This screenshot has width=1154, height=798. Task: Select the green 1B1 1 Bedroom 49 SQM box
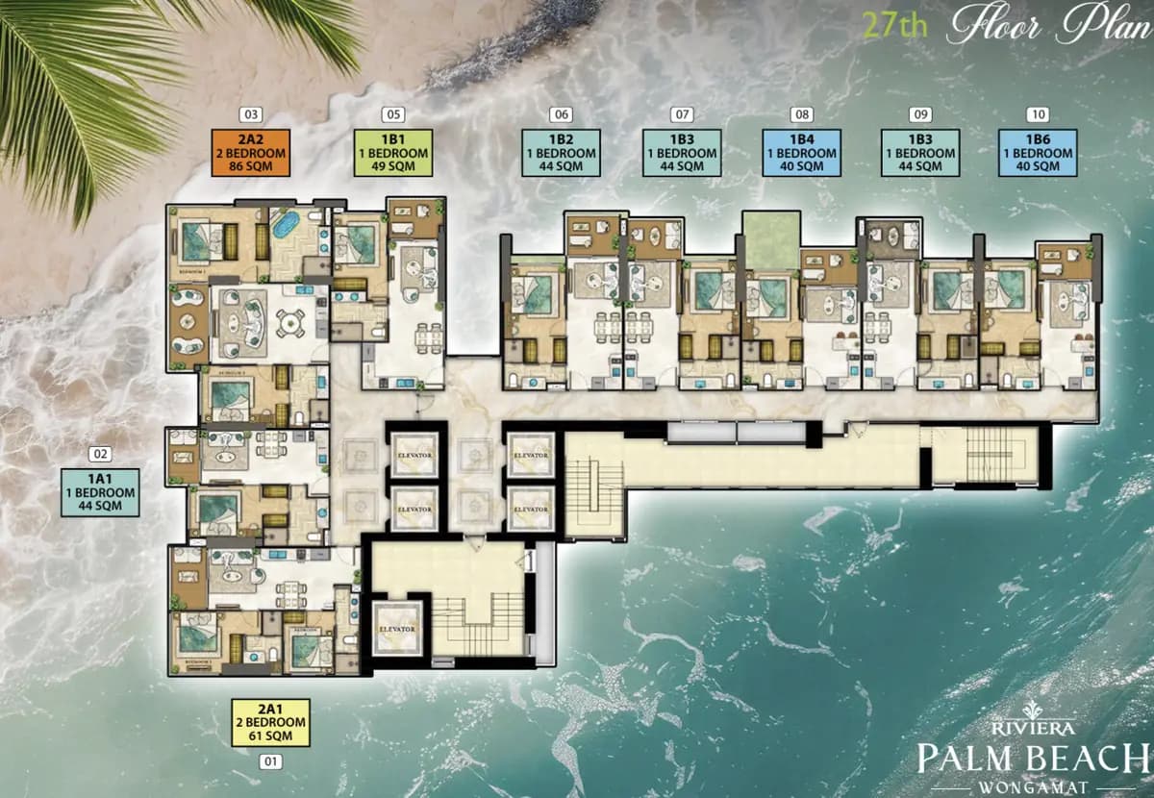pos(392,153)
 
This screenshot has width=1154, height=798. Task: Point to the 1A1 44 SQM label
pos(99,492)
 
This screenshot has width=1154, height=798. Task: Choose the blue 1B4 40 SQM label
pos(802,153)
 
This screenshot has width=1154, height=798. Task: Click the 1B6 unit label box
pos(1037,153)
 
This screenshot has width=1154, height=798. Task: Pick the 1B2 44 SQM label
pos(562,153)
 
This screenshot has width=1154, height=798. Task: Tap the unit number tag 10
pos(1037,114)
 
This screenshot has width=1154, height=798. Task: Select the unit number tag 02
pos(99,455)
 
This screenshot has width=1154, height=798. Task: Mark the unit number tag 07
pos(682,114)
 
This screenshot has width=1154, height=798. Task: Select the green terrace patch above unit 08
pos(772,240)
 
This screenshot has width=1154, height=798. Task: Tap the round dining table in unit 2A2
pos(288,323)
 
